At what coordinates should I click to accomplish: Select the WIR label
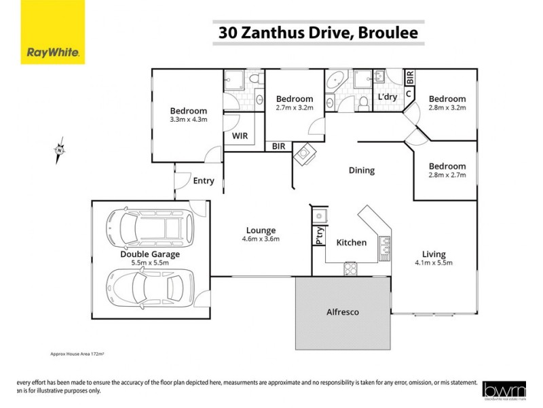(240, 136)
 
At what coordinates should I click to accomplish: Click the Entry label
(204, 181)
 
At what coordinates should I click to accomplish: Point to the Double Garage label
(150, 254)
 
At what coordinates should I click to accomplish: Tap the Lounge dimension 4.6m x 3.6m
(261, 239)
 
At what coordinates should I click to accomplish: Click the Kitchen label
(352, 243)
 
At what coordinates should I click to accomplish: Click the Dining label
(362, 171)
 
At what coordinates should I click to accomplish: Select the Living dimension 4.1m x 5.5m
(433, 262)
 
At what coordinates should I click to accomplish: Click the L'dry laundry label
(387, 97)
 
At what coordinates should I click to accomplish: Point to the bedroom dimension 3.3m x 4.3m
(188, 120)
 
